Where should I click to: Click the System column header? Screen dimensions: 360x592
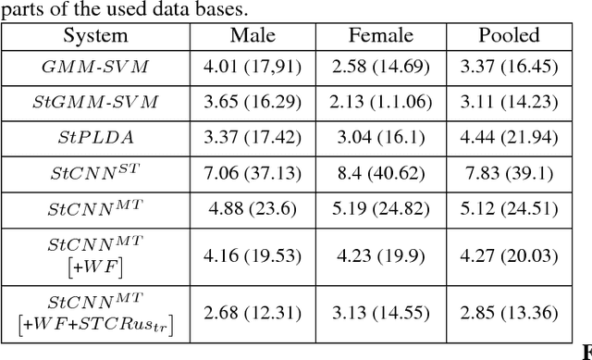(x=95, y=37)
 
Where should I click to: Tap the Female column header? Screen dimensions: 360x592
(x=378, y=37)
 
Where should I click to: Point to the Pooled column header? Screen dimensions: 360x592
(x=508, y=37)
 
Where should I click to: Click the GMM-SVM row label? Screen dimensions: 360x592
(x=95, y=68)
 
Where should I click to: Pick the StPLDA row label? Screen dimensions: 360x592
(x=95, y=138)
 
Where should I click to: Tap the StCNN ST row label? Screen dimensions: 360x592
(x=95, y=172)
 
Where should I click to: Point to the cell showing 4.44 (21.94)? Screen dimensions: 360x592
(x=508, y=138)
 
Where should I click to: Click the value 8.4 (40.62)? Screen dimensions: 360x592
(x=378, y=173)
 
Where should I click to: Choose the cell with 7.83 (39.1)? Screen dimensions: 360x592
(x=508, y=173)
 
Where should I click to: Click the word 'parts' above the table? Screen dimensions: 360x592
(x=19, y=9)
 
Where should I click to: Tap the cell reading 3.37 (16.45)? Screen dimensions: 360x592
(x=508, y=68)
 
